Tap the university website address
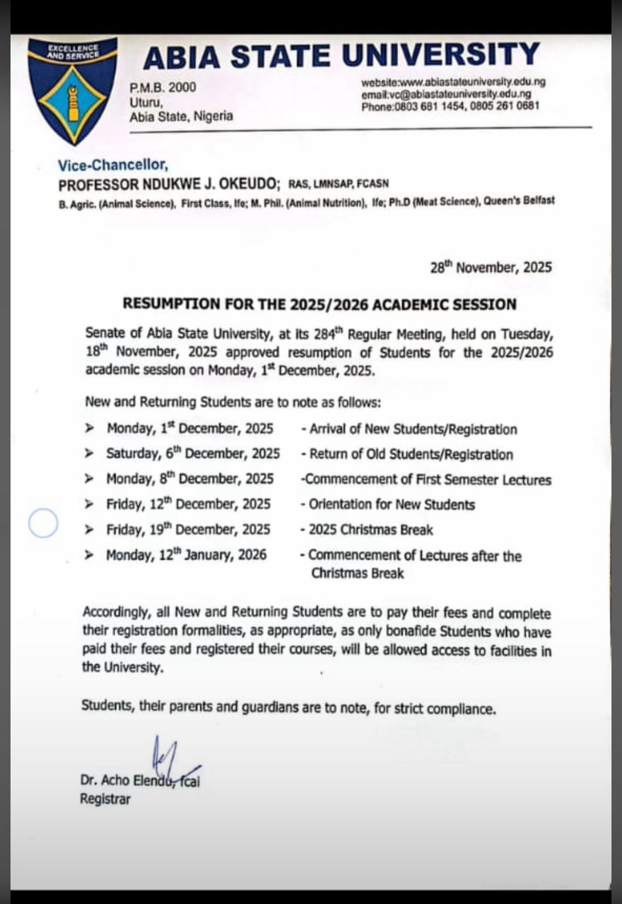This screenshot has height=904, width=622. tap(453, 81)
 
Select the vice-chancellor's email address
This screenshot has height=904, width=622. tap(446, 94)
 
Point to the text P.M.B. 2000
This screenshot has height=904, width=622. tap(163, 88)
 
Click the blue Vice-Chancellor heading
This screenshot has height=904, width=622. tap(113, 165)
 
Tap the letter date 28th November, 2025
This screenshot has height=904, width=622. tap(491, 268)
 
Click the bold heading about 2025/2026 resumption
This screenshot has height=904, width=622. tap(319, 304)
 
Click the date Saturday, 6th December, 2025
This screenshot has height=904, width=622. tap(192, 453)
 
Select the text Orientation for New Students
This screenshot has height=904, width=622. tap(391, 504)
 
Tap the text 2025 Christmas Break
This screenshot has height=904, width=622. tap(370, 530)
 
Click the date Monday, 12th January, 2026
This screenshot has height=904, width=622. tap(187, 555)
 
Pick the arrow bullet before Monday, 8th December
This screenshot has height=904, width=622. tap(89, 479)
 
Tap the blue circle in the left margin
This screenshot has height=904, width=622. tap(43, 523)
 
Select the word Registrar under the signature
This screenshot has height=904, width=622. tap(105, 799)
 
